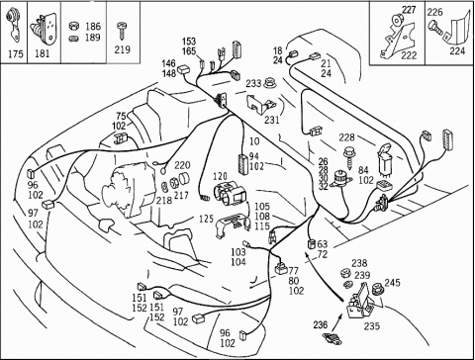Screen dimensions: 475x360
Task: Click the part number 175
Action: [x=16, y=54]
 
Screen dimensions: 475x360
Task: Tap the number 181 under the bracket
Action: [x=43, y=54]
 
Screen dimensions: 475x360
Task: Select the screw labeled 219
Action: [x=122, y=32]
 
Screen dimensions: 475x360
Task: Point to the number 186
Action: [x=93, y=27]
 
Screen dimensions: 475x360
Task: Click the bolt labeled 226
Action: [x=437, y=29]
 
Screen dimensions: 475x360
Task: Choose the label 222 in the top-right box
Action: [x=409, y=54]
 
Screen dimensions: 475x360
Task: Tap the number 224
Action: [x=457, y=50]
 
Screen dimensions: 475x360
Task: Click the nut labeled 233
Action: [x=269, y=82]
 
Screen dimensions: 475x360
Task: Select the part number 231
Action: [x=272, y=120]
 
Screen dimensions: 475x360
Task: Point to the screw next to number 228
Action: [x=347, y=156]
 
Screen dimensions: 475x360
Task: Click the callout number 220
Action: [x=182, y=164]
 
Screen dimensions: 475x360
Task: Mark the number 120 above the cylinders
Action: [x=220, y=176]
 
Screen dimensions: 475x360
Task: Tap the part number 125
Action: [x=207, y=219]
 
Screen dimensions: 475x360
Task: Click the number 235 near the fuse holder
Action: [x=372, y=326]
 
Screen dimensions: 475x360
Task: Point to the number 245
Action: [x=392, y=283]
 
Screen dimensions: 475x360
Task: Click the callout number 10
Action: [x=254, y=141]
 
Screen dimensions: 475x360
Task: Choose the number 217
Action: [x=181, y=196]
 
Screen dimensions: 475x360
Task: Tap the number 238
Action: [x=359, y=263]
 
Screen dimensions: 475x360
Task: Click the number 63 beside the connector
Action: [x=323, y=244]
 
